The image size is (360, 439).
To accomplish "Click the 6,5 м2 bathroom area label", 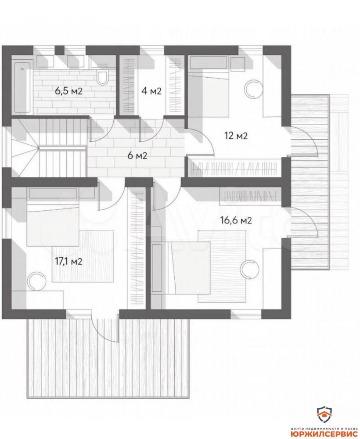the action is [x=69, y=91].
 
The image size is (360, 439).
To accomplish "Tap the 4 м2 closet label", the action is [x=151, y=91].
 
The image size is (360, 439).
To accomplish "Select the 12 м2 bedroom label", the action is [x=236, y=136].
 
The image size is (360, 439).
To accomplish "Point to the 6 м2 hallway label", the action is [x=137, y=155].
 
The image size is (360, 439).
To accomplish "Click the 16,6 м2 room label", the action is [x=236, y=220].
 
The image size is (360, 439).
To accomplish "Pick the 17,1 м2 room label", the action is [x=68, y=262].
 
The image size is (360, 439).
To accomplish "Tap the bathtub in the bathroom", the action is [x=22, y=87].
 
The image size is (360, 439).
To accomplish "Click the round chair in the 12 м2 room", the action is [x=254, y=89].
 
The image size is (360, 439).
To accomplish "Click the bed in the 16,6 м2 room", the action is [x=180, y=268].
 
